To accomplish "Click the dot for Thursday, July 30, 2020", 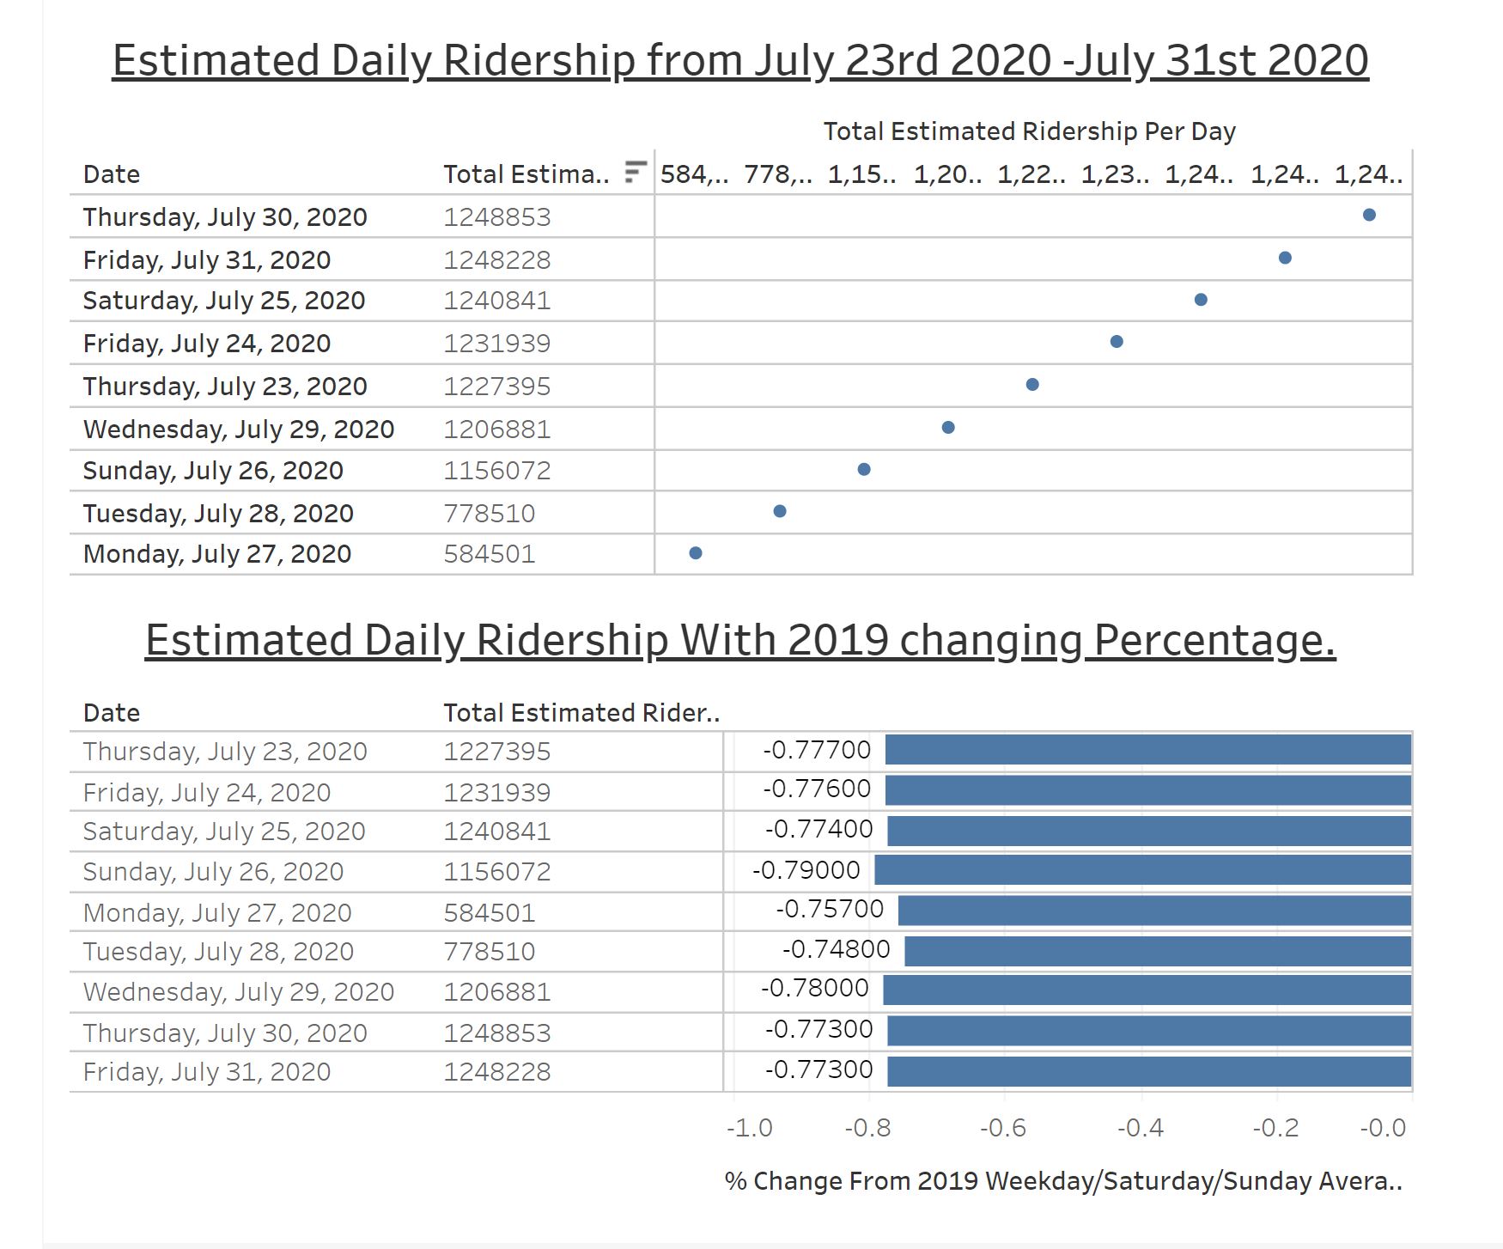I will (1369, 215).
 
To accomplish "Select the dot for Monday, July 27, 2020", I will (696, 553).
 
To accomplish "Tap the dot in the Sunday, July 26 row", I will (864, 469).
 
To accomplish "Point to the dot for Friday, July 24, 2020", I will (1117, 342).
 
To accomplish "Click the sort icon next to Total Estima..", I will (635, 172).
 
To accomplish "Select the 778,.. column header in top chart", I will (778, 174).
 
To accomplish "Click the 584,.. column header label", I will (694, 174).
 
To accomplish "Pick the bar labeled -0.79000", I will (1142, 870).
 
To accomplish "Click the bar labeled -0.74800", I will (1158, 951).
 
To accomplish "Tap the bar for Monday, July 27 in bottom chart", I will (1154, 911).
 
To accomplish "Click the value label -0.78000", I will (815, 988).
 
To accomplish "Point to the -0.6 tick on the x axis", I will (1003, 1127).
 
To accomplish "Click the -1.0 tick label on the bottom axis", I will (750, 1127).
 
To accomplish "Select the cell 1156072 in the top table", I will (496, 471).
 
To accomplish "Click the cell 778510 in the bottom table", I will (489, 951).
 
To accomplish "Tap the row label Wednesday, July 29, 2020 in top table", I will (239, 429).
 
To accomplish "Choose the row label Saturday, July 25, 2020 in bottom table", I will (224, 831).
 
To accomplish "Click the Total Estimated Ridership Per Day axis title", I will (1029, 131).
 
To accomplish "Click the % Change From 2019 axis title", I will (1063, 1181).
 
